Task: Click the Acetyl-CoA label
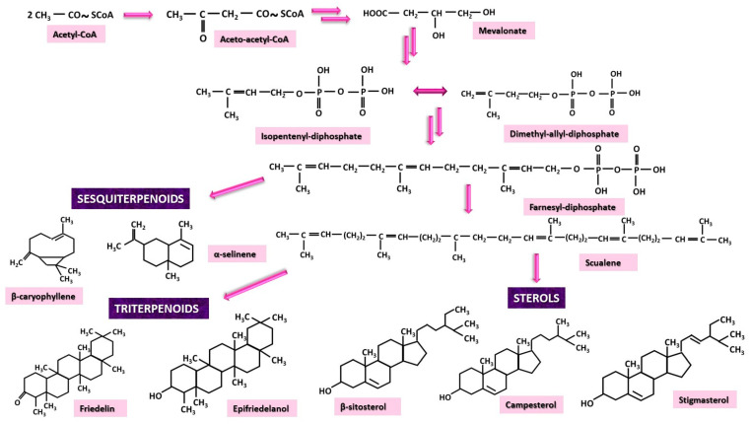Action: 78,35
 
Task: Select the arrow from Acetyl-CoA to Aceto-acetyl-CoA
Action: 138,16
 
